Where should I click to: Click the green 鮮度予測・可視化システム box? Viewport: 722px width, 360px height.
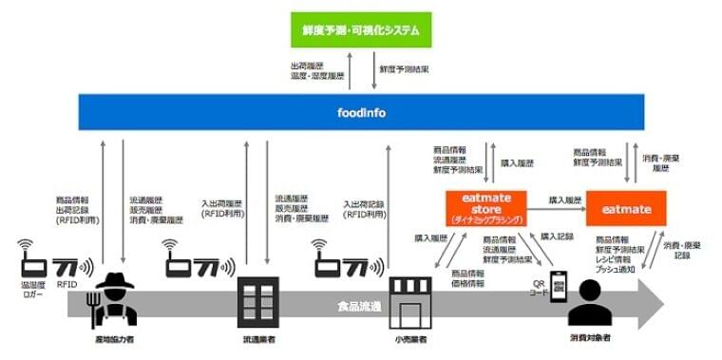pyautogui.click(x=361, y=29)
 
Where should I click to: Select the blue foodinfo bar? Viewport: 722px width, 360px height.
pyautogui.click(x=360, y=112)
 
